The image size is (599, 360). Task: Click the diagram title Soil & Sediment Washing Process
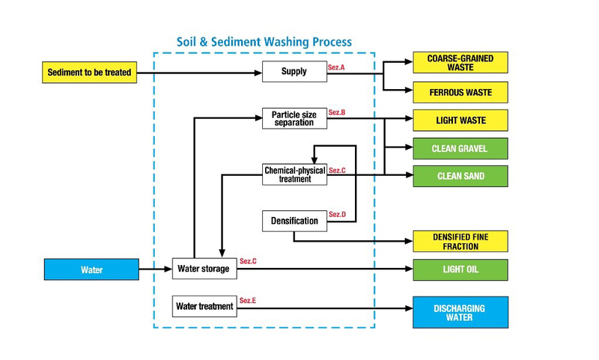click(264, 42)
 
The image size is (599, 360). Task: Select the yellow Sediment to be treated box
click(89, 73)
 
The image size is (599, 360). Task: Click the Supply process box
click(294, 73)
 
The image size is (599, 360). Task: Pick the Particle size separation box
click(294, 118)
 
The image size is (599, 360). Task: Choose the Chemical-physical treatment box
click(294, 174)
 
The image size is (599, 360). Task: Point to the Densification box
click(294, 221)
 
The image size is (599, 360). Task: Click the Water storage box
click(203, 268)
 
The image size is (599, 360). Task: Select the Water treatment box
click(204, 306)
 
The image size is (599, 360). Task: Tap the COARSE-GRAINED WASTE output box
click(460, 63)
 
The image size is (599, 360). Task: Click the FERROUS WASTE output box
click(460, 92)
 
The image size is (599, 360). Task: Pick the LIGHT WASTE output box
click(460, 120)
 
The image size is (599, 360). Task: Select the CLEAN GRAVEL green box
click(460, 148)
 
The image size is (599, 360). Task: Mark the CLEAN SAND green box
click(460, 176)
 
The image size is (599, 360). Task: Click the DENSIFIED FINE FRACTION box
click(460, 241)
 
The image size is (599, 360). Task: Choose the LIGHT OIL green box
click(460, 269)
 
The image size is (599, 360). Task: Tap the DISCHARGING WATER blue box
click(460, 312)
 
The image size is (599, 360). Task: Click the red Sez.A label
click(336, 67)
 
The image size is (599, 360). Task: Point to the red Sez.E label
click(248, 300)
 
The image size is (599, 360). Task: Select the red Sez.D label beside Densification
click(337, 215)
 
